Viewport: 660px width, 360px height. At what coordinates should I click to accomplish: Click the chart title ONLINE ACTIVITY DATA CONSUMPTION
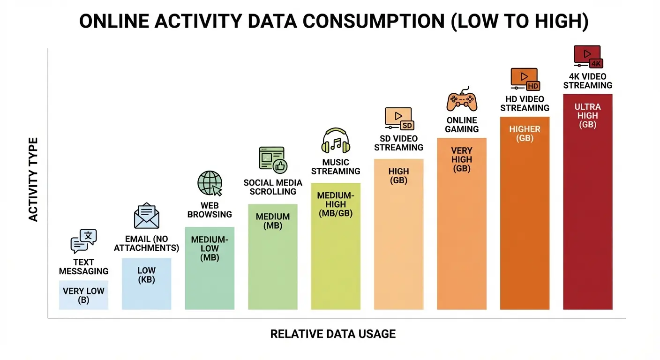coord(333,22)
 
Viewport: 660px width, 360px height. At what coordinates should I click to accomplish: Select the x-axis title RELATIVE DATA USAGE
coord(333,334)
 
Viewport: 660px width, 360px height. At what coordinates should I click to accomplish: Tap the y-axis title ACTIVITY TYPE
coord(33,180)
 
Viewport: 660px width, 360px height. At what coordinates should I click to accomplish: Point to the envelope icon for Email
coord(146,216)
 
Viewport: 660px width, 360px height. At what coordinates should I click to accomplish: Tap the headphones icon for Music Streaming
coord(336,141)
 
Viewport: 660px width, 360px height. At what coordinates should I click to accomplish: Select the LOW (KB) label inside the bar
coord(146,275)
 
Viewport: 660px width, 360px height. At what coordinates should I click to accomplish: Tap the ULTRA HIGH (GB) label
coord(587,116)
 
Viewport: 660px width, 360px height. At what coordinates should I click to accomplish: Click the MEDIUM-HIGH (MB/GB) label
coord(336,204)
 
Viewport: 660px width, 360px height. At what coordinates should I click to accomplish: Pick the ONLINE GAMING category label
coord(462,125)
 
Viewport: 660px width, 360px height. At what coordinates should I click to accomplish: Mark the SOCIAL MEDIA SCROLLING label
coord(272,187)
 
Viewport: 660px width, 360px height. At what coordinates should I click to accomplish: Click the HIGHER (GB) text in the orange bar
coord(525,134)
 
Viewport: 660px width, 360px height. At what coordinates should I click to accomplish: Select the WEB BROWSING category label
coord(210,210)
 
